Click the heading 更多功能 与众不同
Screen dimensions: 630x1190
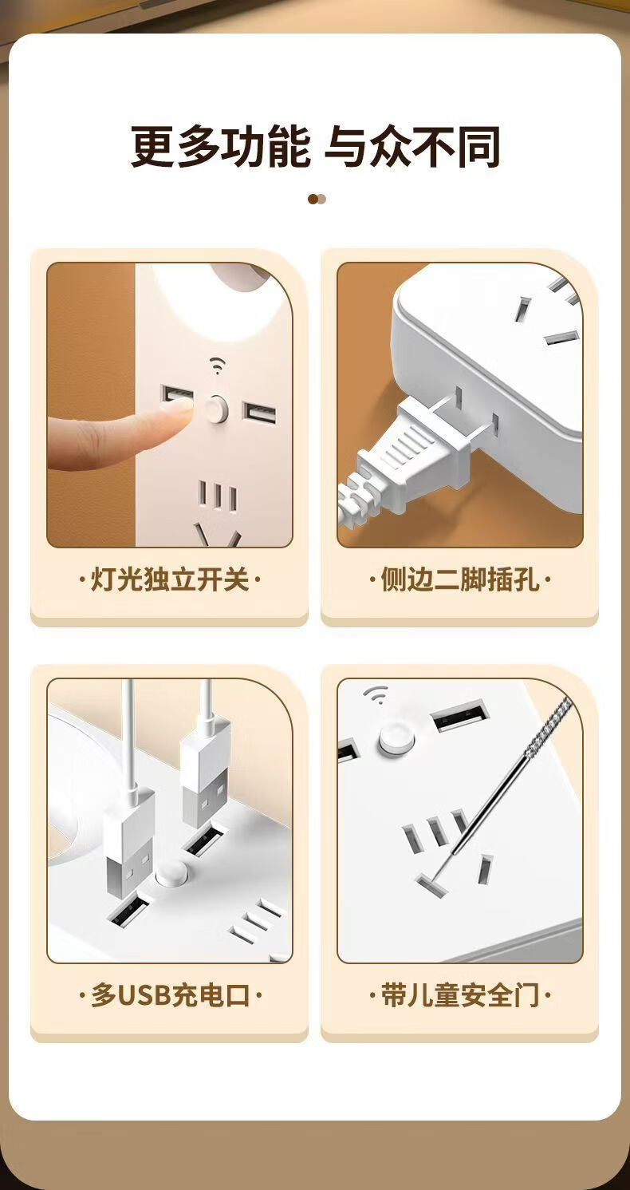click(x=315, y=147)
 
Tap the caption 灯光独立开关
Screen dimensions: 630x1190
click(x=170, y=579)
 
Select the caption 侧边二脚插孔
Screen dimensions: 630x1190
click(x=459, y=579)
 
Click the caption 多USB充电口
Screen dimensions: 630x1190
click(x=170, y=995)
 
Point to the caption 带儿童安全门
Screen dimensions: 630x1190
click(x=459, y=995)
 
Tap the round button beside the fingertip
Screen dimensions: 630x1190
click(x=217, y=409)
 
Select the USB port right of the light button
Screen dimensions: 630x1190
click(x=259, y=413)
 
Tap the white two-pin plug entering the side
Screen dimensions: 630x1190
click(x=419, y=446)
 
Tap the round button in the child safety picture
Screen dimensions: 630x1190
click(x=396, y=738)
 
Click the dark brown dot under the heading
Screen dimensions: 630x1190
click(x=313, y=200)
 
